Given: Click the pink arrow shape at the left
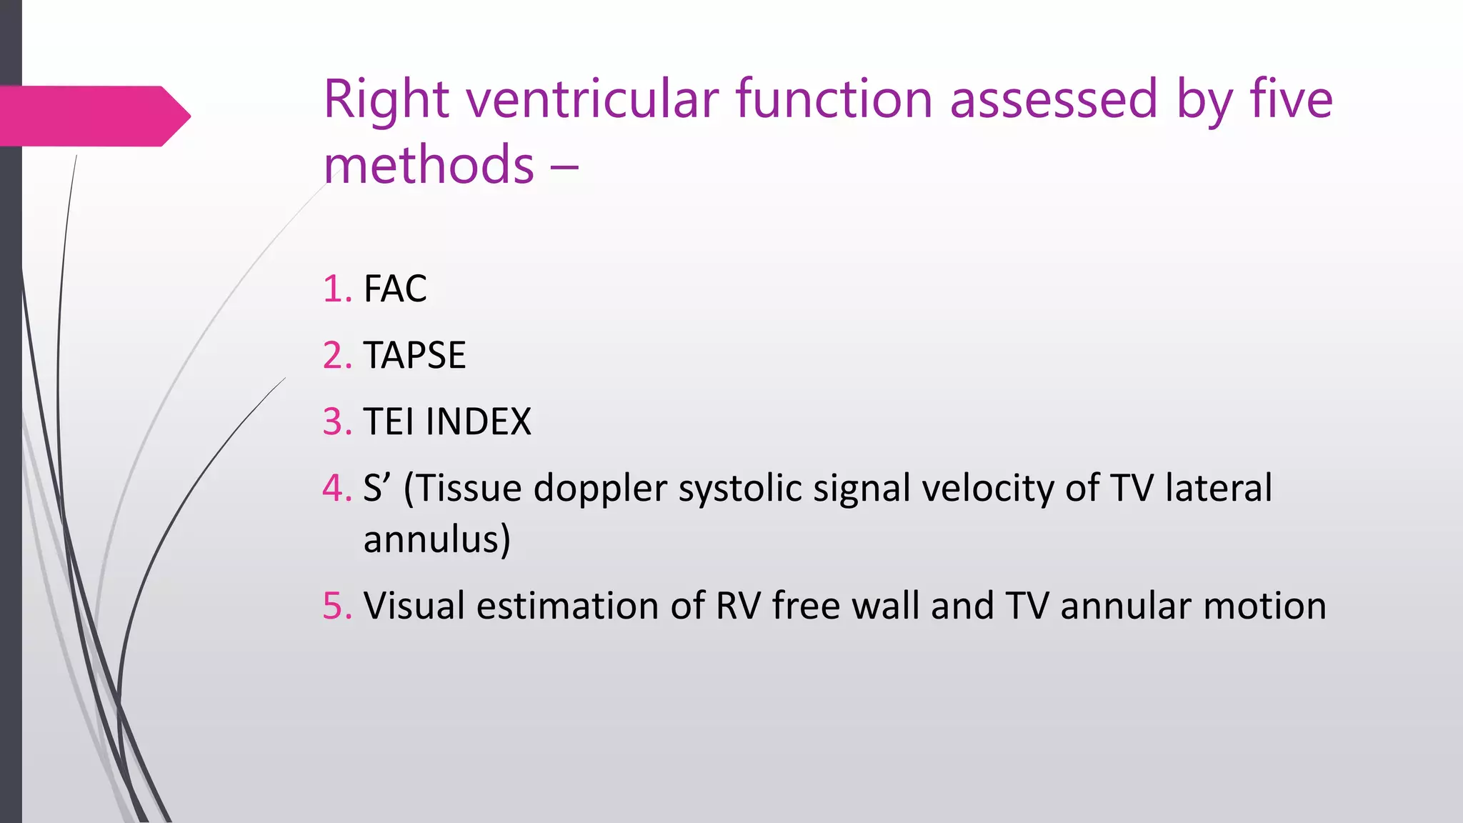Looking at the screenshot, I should click(x=93, y=116).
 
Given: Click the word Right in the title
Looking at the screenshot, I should click(x=386, y=100).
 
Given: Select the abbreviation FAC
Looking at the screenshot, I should click(x=395, y=289).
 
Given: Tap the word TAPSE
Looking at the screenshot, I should click(x=414, y=355).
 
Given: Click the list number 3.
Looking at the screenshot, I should click(x=336, y=422).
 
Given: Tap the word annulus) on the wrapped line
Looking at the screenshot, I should click(x=436, y=539).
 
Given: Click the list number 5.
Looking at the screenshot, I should click(x=336, y=606).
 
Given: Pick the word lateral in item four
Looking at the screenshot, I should click(x=1218, y=488).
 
